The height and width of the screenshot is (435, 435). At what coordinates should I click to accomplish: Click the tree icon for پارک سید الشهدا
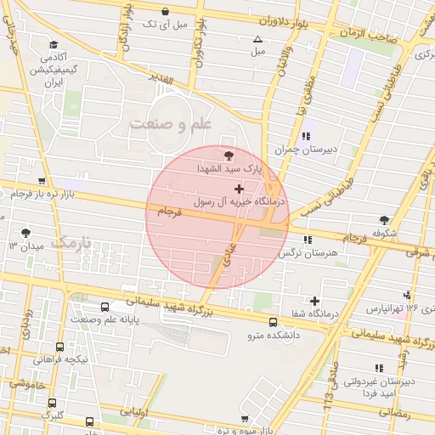coord(229,155)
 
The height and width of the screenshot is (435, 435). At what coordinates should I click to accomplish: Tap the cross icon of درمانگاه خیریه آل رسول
coord(238,189)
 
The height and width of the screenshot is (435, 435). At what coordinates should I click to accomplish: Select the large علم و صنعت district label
coord(170,124)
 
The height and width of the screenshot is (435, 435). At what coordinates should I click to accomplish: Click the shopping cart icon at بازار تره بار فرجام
coord(41,181)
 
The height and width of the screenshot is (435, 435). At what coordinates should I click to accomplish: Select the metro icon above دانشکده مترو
coord(273,322)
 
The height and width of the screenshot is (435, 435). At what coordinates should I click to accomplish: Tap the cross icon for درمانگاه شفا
coord(315,301)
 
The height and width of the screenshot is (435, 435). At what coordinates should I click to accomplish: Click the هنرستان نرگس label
coord(314,253)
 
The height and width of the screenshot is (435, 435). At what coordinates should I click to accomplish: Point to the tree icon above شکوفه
coord(384,219)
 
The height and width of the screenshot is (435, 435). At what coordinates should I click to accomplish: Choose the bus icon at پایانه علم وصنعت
coord(105,307)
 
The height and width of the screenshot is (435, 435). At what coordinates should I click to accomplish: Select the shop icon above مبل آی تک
coord(164,12)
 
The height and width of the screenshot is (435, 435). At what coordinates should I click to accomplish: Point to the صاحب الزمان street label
coord(374,33)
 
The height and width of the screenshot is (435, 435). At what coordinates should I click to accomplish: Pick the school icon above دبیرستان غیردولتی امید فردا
coord(379,367)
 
